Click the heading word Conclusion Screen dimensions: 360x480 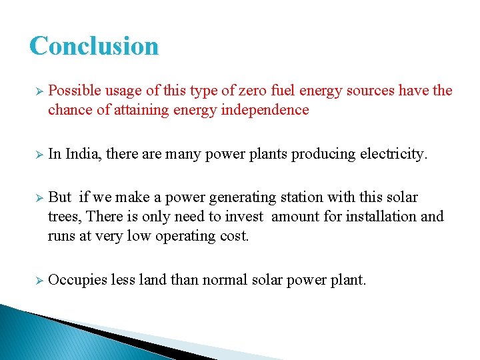94,45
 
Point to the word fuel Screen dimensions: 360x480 275,91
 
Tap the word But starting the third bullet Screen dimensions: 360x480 60,197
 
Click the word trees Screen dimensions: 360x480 64,217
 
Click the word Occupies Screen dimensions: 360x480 77,280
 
